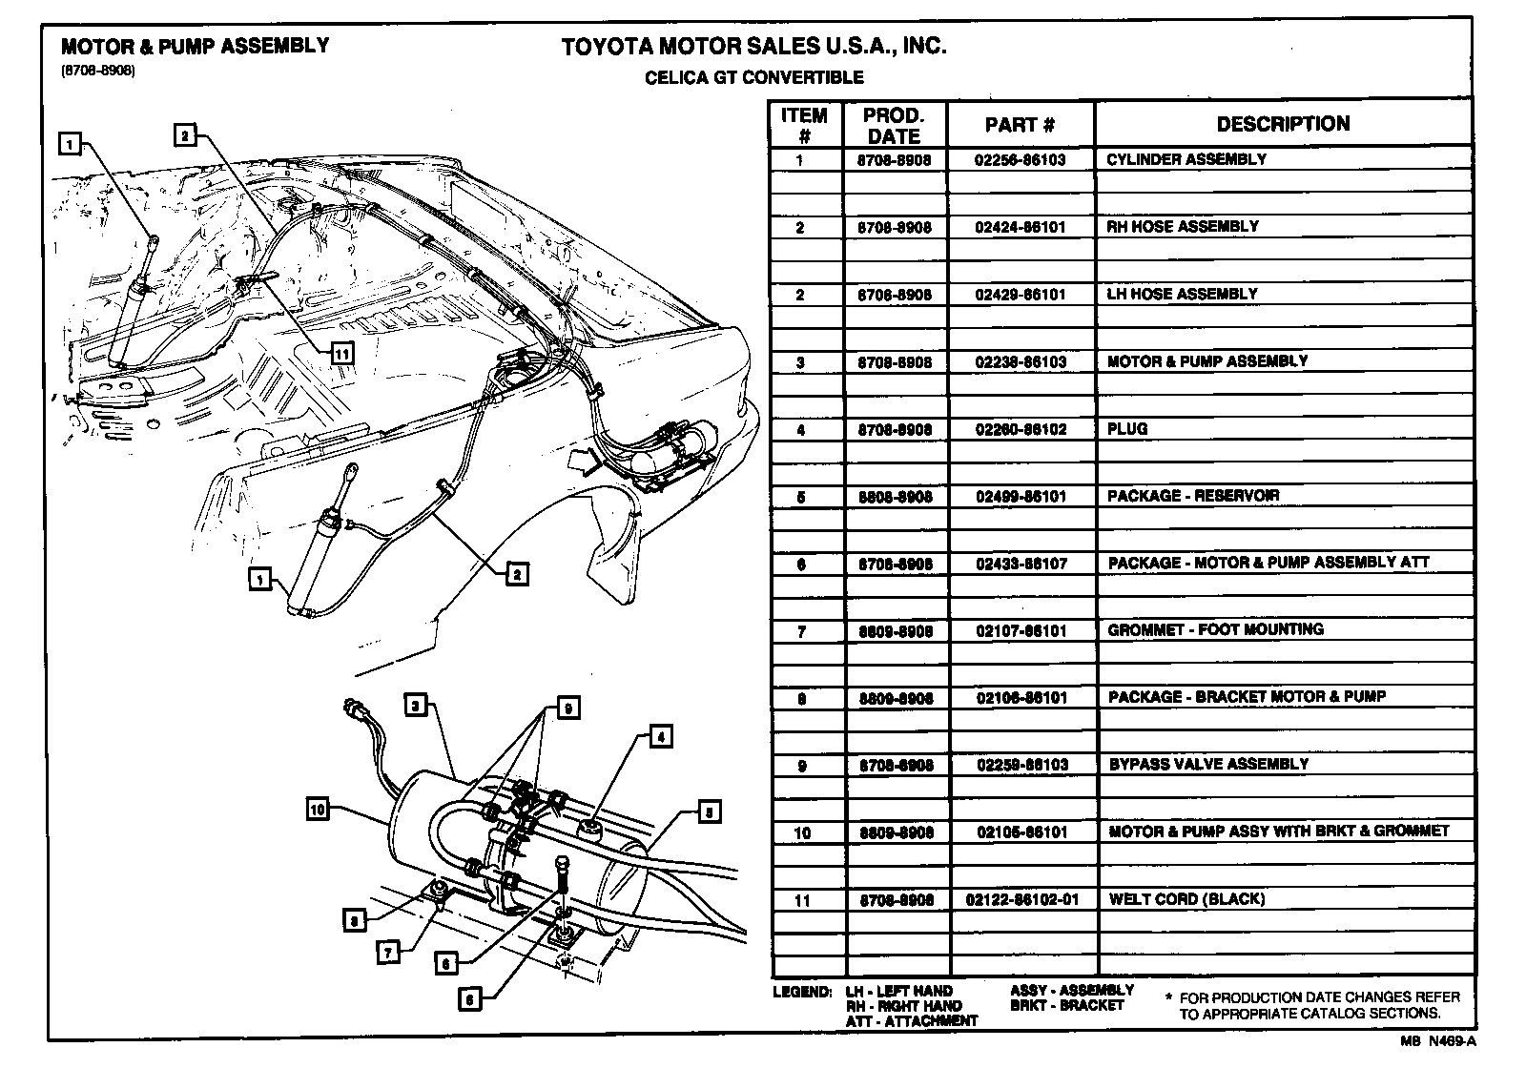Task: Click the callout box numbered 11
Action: pyautogui.click(x=341, y=354)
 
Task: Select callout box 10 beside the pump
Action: pyautogui.click(x=318, y=810)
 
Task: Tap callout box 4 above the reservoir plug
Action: pyautogui.click(x=660, y=735)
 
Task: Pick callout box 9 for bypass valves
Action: pyautogui.click(x=567, y=709)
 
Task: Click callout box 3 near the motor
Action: pyautogui.click(x=414, y=706)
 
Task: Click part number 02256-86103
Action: pyautogui.click(x=1020, y=159)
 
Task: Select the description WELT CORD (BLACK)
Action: pyautogui.click(x=1186, y=899)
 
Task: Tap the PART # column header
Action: pyautogui.click(x=1020, y=125)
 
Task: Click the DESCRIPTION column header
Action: pyautogui.click(x=1282, y=124)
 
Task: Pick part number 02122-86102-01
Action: pyautogui.click(x=1022, y=899)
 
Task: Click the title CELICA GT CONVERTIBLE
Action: pyautogui.click(x=753, y=77)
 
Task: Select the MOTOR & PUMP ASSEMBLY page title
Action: pyautogui.click(x=195, y=46)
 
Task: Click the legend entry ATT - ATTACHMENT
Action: pyautogui.click(x=911, y=1020)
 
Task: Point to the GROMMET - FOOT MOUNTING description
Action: pyautogui.click(x=1215, y=629)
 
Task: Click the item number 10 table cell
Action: pyautogui.click(x=802, y=832)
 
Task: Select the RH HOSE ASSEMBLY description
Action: pyautogui.click(x=1182, y=227)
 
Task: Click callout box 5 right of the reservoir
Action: pyautogui.click(x=710, y=811)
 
